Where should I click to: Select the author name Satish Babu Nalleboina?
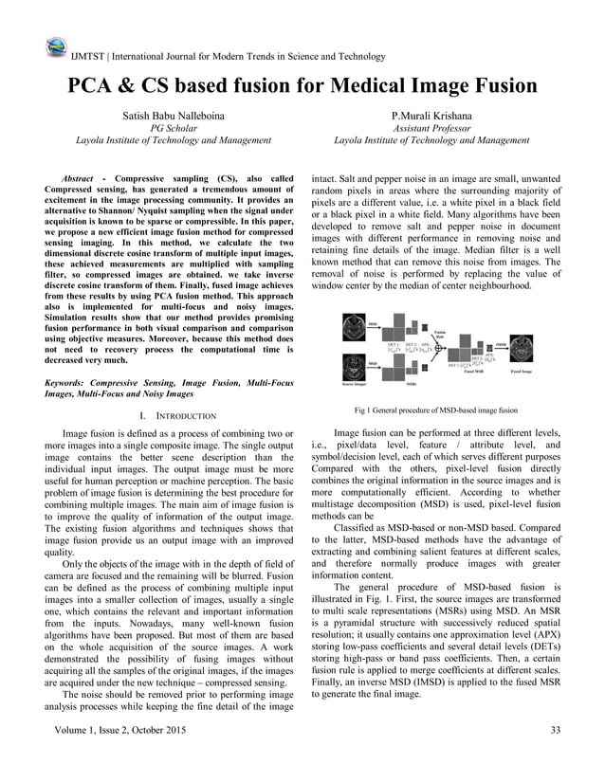(x=174, y=115)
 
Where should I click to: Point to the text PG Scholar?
(x=174, y=127)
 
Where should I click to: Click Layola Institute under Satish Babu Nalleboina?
(x=174, y=139)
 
